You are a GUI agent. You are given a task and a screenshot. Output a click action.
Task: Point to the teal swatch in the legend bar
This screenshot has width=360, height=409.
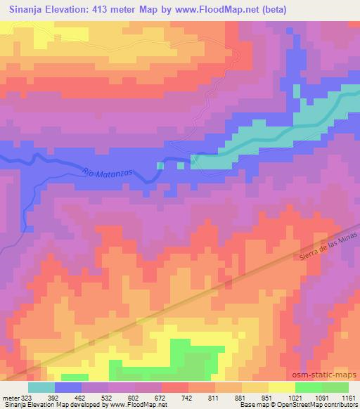[41, 387]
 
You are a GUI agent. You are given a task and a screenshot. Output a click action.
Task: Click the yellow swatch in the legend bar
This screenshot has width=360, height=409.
[281, 387]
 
